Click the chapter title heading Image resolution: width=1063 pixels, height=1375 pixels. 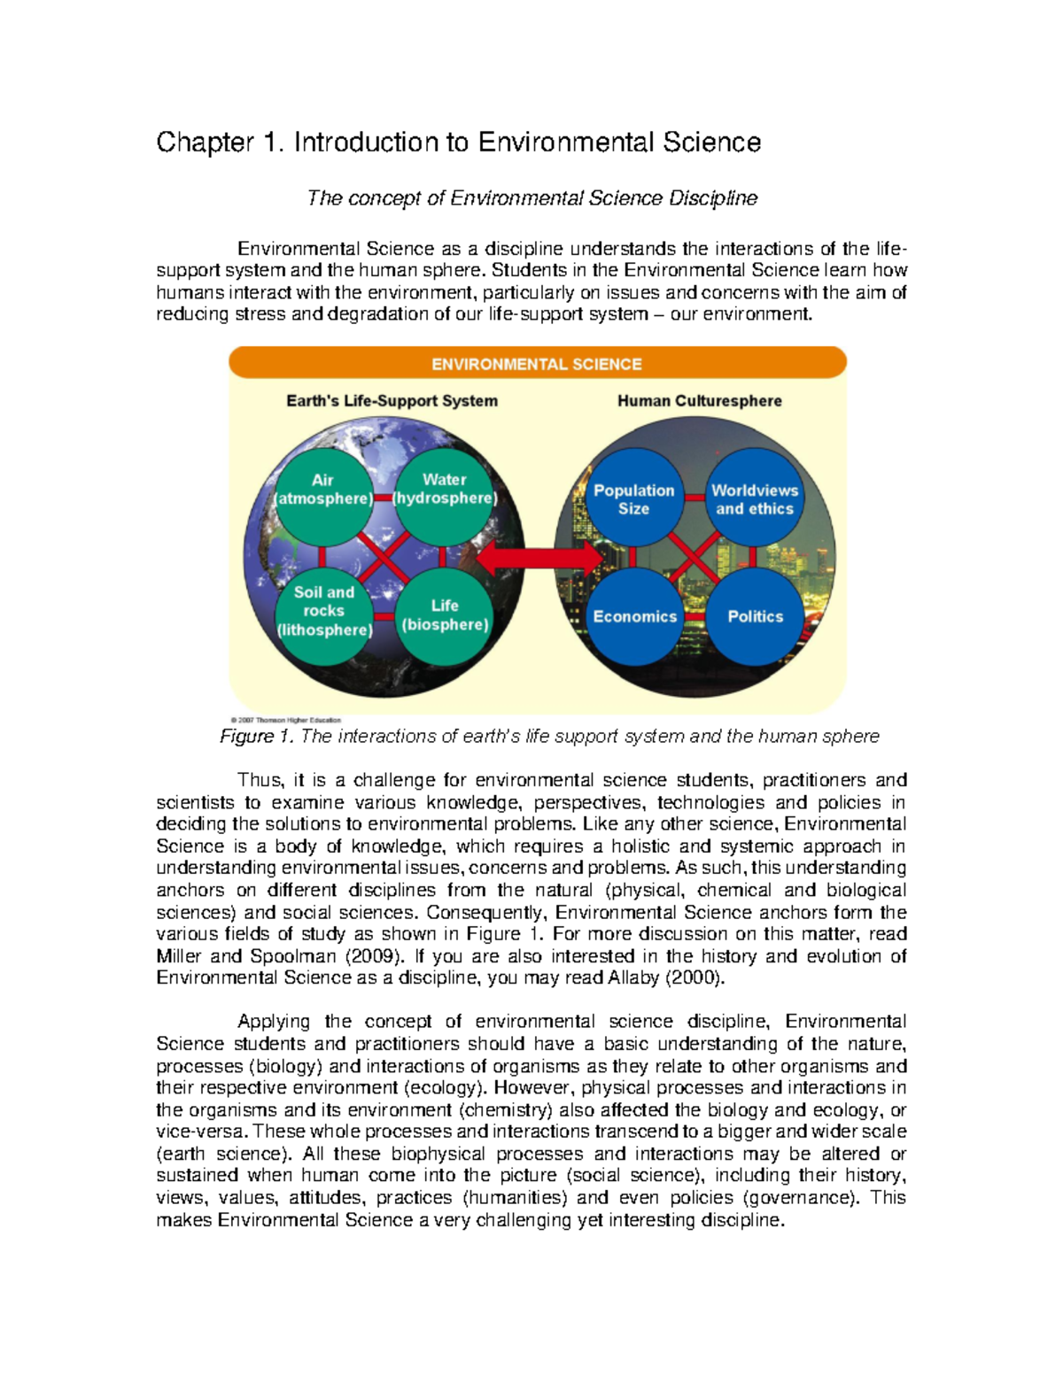pos(458,143)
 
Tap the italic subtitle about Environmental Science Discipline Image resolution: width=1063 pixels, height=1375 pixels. pos(531,198)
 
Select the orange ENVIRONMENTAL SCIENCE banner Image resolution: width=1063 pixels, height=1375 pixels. pos(537,363)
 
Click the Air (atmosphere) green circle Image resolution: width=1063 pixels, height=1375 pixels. pos(322,496)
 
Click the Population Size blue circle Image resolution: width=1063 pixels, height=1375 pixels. pos(633,499)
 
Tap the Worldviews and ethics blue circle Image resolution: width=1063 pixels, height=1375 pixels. pos(754,499)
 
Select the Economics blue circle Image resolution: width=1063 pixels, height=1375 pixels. pos(634,616)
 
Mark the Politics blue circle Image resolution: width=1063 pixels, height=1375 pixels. pos(755,616)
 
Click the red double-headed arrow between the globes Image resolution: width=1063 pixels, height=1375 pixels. pos(540,557)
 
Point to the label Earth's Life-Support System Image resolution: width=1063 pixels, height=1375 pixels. pos(392,401)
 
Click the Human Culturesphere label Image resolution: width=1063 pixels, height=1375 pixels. pos(699,401)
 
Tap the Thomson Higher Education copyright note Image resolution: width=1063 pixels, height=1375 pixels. pos(285,720)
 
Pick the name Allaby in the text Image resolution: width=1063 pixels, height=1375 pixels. pos(633,978)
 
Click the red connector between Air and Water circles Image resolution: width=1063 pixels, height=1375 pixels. pos(383,498)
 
